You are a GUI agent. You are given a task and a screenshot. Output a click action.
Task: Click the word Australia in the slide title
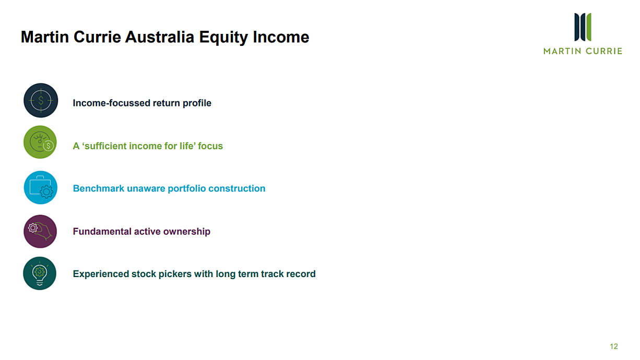159,37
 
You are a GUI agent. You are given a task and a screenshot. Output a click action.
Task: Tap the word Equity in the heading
223,38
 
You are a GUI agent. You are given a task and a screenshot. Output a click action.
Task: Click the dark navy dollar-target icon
41,101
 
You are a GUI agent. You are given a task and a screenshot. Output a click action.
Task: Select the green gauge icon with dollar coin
40,142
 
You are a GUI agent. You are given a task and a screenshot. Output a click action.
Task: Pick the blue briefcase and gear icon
40,188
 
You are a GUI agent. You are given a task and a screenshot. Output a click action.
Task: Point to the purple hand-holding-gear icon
40,232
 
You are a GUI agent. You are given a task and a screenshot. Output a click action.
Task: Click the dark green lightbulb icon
40,273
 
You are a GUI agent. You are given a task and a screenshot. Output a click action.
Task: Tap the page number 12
614,346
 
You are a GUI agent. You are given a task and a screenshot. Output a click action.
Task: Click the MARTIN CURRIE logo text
583,51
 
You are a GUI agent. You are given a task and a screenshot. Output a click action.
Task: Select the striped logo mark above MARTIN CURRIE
583,27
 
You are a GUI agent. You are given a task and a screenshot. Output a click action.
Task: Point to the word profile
197,103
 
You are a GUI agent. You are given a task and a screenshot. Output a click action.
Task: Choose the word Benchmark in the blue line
99,188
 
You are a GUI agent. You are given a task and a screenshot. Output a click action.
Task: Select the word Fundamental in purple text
102,232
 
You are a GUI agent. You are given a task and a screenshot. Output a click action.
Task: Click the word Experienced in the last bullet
101,274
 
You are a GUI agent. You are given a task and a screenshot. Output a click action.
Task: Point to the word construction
237,188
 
